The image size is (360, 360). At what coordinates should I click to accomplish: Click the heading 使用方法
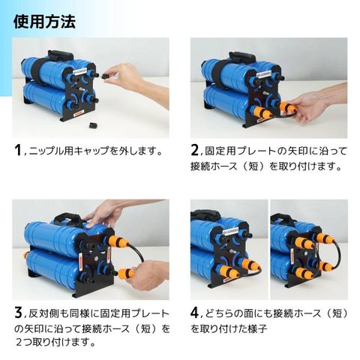[x=44, y=22]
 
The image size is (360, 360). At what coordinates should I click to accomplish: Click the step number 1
[x=17, y=151]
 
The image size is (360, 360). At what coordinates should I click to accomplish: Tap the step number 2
[x=194, y=151]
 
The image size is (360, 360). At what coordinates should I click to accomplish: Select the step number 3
[x=18, y=313]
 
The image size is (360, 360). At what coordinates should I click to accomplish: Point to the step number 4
[x=195, y=313]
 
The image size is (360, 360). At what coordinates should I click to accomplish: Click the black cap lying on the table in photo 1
[x=92, y=125]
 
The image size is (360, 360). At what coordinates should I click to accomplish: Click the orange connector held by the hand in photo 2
[x=286, y=106]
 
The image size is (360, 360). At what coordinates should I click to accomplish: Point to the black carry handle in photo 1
[x=59, y=55]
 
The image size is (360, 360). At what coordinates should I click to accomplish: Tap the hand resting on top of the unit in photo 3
[x=105, y=212]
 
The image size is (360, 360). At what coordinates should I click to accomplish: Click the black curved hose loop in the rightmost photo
[x=337, y=253]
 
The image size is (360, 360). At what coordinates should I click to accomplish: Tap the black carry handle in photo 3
[x=66, y=217]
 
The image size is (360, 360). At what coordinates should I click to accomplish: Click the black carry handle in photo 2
[x=241, y=56]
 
